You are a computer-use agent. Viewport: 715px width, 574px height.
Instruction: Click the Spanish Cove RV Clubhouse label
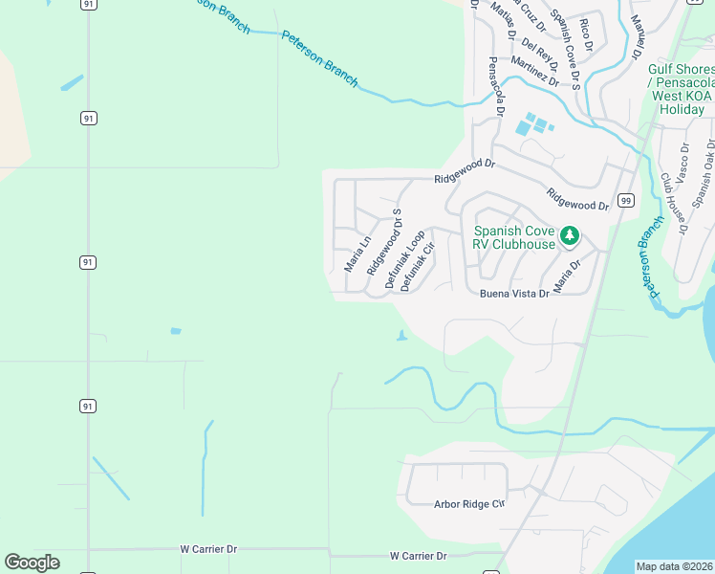[513, 237]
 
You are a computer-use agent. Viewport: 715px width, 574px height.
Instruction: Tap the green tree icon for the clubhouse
[570, 234]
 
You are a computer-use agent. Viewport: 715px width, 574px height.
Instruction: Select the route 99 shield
[626, 200]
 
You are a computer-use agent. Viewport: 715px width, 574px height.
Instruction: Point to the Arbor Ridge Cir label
[468, 503]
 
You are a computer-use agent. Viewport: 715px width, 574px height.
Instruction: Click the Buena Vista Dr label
[514, 294]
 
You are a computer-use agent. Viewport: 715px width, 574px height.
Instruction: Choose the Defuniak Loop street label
[404, 259]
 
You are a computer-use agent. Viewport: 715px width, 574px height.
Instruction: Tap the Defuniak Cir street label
[419, 267]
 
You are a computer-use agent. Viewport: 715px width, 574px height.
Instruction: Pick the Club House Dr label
[672, 203]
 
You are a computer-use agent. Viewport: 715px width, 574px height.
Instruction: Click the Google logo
[32, 563]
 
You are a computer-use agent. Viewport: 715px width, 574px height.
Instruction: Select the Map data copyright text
[675, 566]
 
